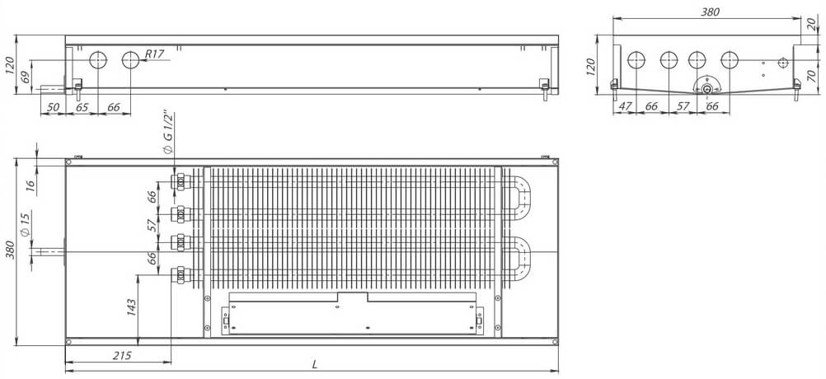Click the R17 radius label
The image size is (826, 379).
[154, 54]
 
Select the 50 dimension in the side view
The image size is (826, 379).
[53, 107]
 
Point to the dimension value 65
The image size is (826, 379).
[82, 107]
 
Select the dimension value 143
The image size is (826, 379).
[132, 306]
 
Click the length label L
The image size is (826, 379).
[315, 363]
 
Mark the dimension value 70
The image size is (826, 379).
[812, 76]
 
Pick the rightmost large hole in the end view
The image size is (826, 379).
[729, 60]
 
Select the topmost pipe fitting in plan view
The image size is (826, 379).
[178, 182]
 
